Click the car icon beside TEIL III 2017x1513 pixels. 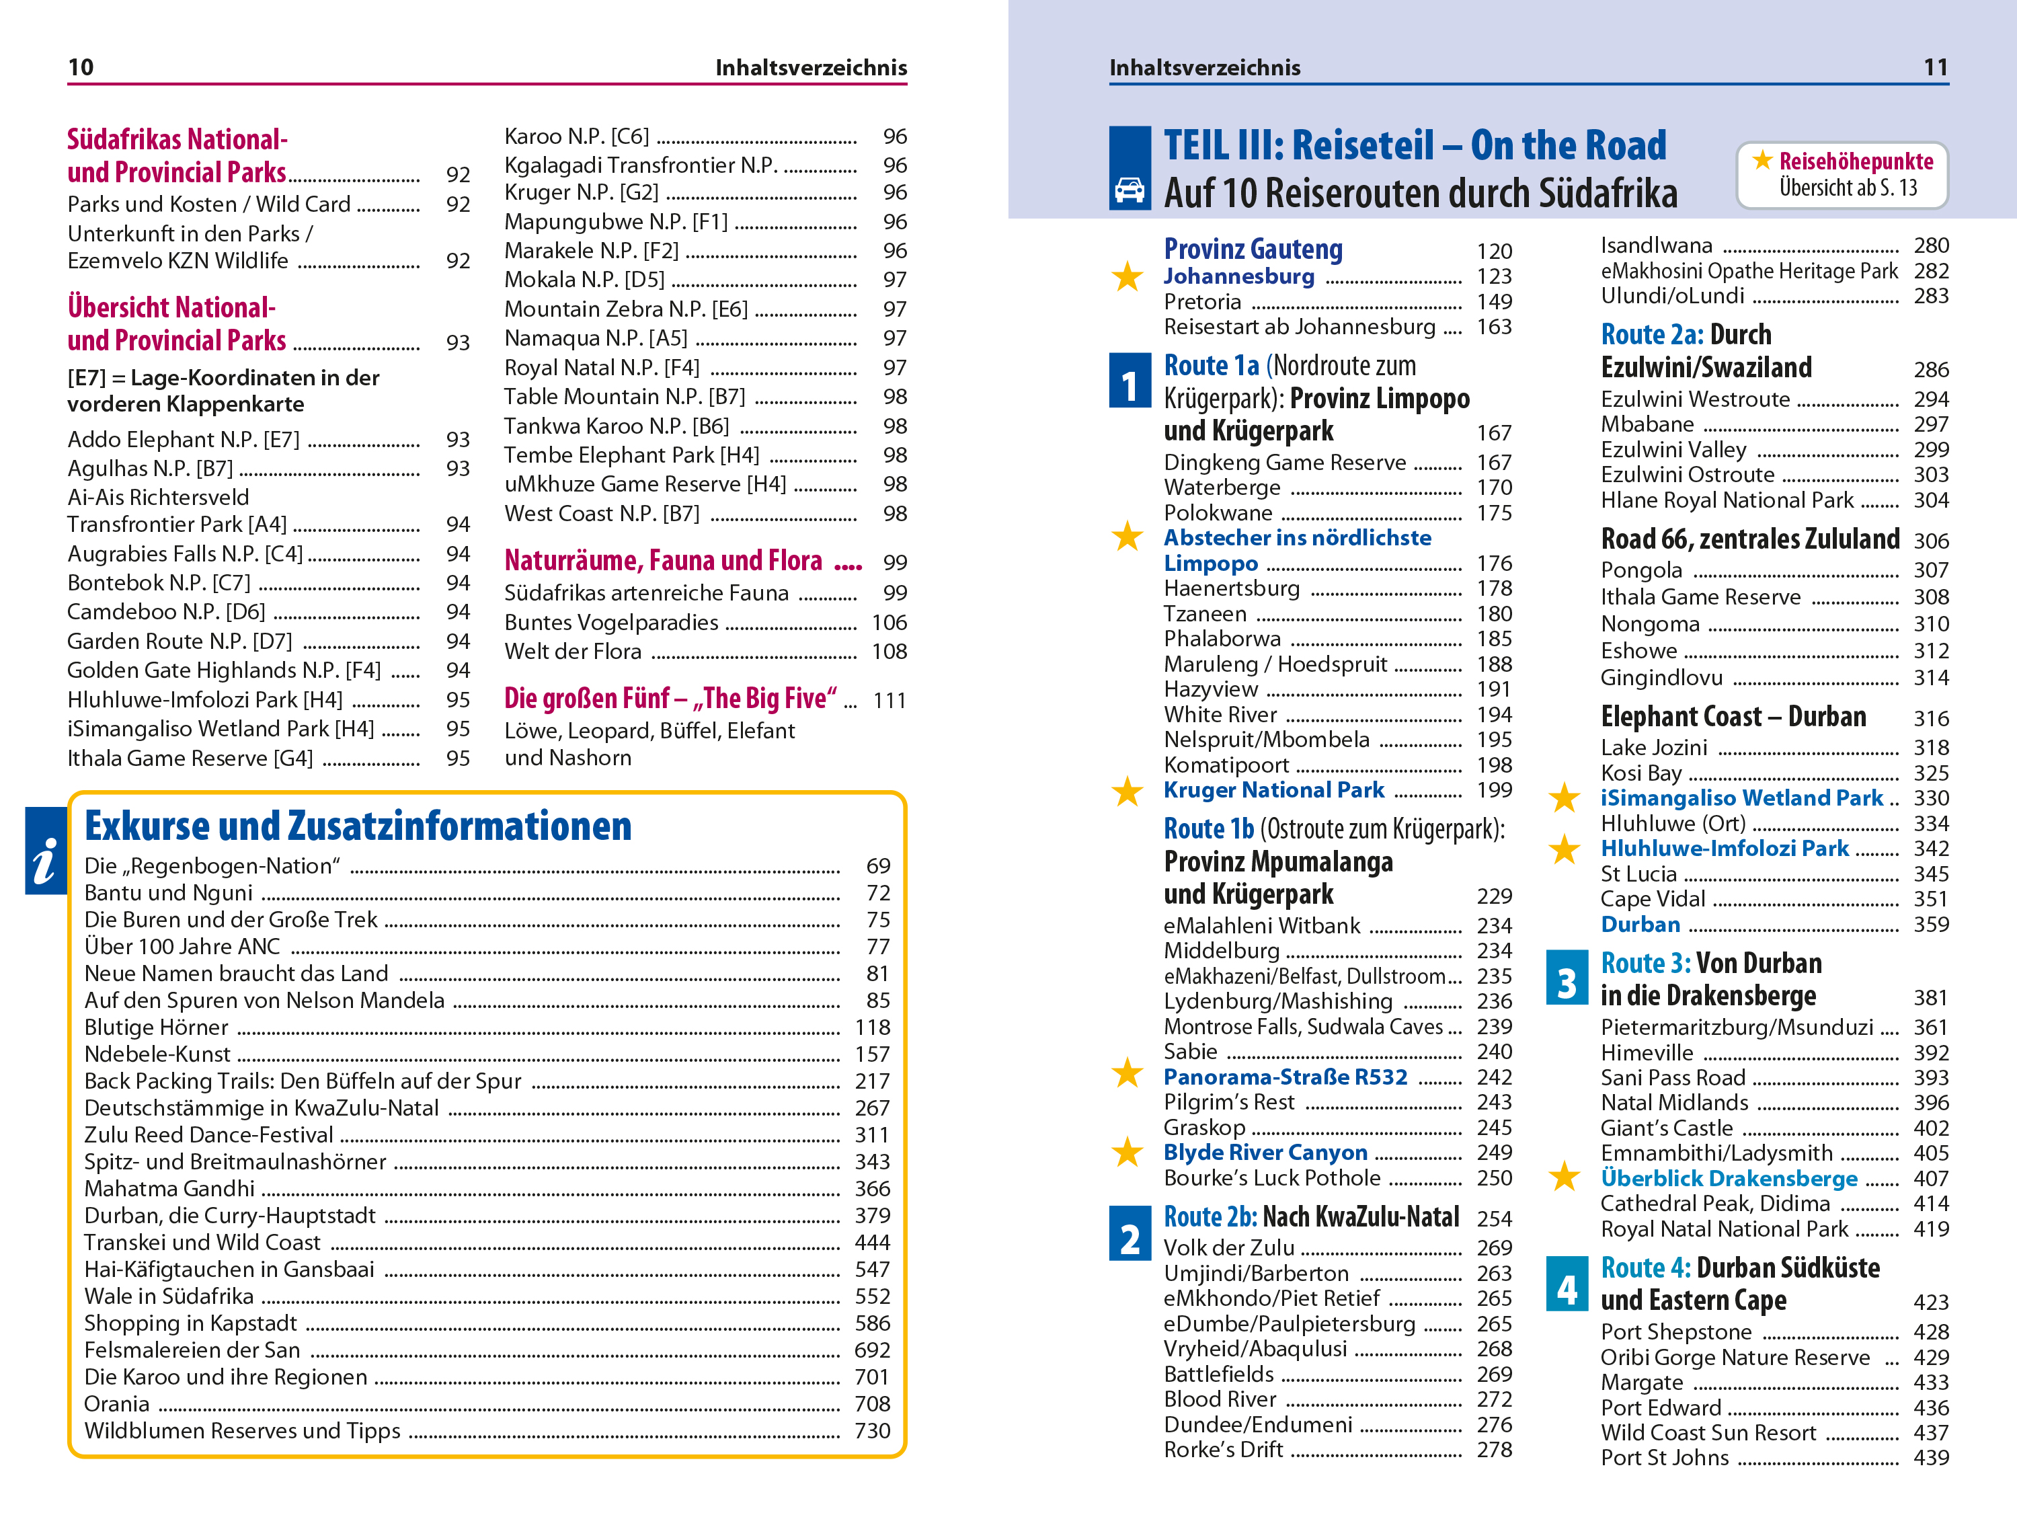coord(1129,190)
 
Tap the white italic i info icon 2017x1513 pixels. coord(44,860)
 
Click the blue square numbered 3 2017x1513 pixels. coord(1567,982)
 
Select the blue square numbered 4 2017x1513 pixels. coord(1567,1288)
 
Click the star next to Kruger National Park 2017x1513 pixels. coord(1127,791)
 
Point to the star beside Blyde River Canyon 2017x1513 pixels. coord(1127,1153)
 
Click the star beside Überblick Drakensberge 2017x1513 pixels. coord(1565,1178)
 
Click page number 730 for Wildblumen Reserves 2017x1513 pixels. coord(872,1430)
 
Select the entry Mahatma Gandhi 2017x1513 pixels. coord(169,1188)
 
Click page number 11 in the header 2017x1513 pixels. coord(1935,67)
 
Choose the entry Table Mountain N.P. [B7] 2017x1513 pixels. coord(625,397)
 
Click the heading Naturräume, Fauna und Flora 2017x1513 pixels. coord(663,560)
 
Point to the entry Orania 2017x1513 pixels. coord(117,1403)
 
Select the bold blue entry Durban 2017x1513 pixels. coord(1640,924)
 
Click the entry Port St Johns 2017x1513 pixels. coord(1664,1457)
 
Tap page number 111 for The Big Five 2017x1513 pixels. coord(888,701)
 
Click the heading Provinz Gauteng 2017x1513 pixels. coord(1253,249)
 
